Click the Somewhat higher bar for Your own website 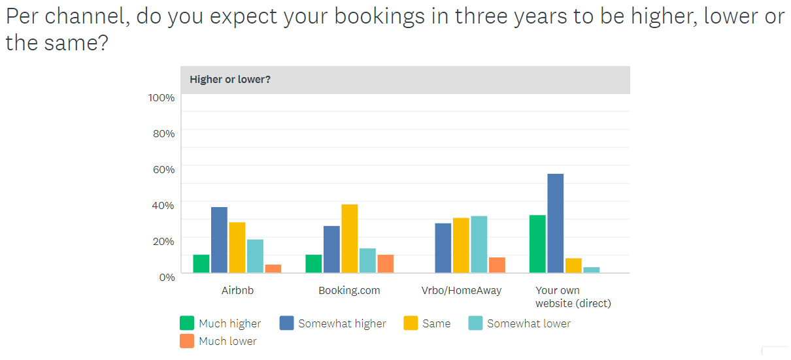coord(555,223)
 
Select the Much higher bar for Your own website coord(537,244)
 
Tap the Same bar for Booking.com coord(350,238)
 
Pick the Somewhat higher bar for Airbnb coord(219,240)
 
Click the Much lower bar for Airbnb coord(273,269)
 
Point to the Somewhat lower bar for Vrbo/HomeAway coord(479,244)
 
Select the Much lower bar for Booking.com coord(386,263)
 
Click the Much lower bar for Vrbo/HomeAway coord(497,265)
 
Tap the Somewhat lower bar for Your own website coord(592,270)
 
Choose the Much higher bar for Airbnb coord(201,263)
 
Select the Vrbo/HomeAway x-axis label coord(462,291)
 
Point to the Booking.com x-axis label coord(349,291)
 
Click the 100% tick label coord(161,98)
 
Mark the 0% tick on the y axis coord(167,277)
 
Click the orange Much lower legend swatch coord(187,341)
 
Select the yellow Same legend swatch coord(411,323)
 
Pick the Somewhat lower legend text coord(529,323)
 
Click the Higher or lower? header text coord(230,80)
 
